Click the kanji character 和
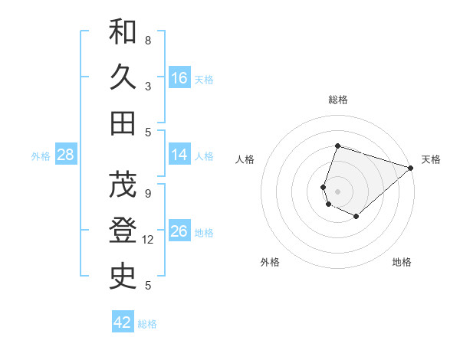coord(123,32)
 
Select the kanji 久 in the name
coord(123,77)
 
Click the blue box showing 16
coord(179,77)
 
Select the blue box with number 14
coord(179,155)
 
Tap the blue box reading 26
coord(179,231)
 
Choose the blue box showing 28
coord(66,155)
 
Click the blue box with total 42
coord(123,322)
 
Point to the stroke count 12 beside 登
coord(148,241)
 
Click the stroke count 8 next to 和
coord(147,41)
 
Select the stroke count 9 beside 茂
coord(147,195)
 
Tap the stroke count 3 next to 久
coord(147,86)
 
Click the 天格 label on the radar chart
coord(431,159)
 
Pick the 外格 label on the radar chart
coord(270,262)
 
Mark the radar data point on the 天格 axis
coord(411,168)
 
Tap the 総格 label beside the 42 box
coord(147,324)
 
